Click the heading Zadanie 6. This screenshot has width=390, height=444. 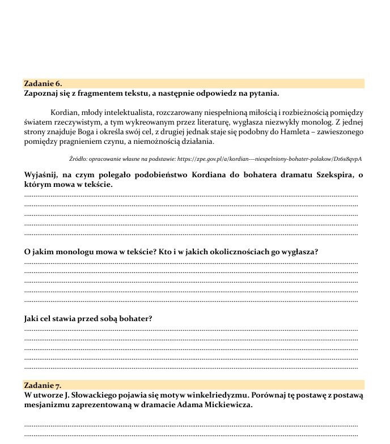click(x=43, y=84)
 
